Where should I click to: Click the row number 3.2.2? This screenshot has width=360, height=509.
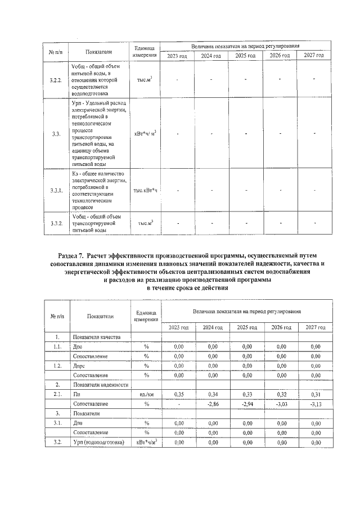(x=55, y=80)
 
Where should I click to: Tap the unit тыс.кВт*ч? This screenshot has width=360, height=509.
(x=146, y=190)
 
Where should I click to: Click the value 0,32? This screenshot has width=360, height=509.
(x=282, y=395)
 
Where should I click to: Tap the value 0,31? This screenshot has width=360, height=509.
(x=316, y=395)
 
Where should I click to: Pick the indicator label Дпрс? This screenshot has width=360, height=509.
(x=80, y=366)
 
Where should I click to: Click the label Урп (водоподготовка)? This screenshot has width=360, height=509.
(x=98, y=443)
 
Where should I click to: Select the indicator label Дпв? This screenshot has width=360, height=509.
(x=78, y=423)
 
